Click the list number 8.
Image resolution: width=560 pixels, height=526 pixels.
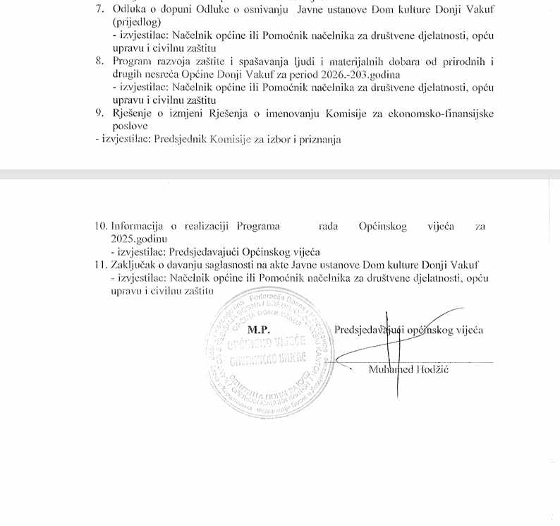point(99,62)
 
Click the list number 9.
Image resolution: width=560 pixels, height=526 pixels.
point(99,114)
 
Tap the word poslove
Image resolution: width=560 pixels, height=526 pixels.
point(130,126)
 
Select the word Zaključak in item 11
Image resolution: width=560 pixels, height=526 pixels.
point(135,265)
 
